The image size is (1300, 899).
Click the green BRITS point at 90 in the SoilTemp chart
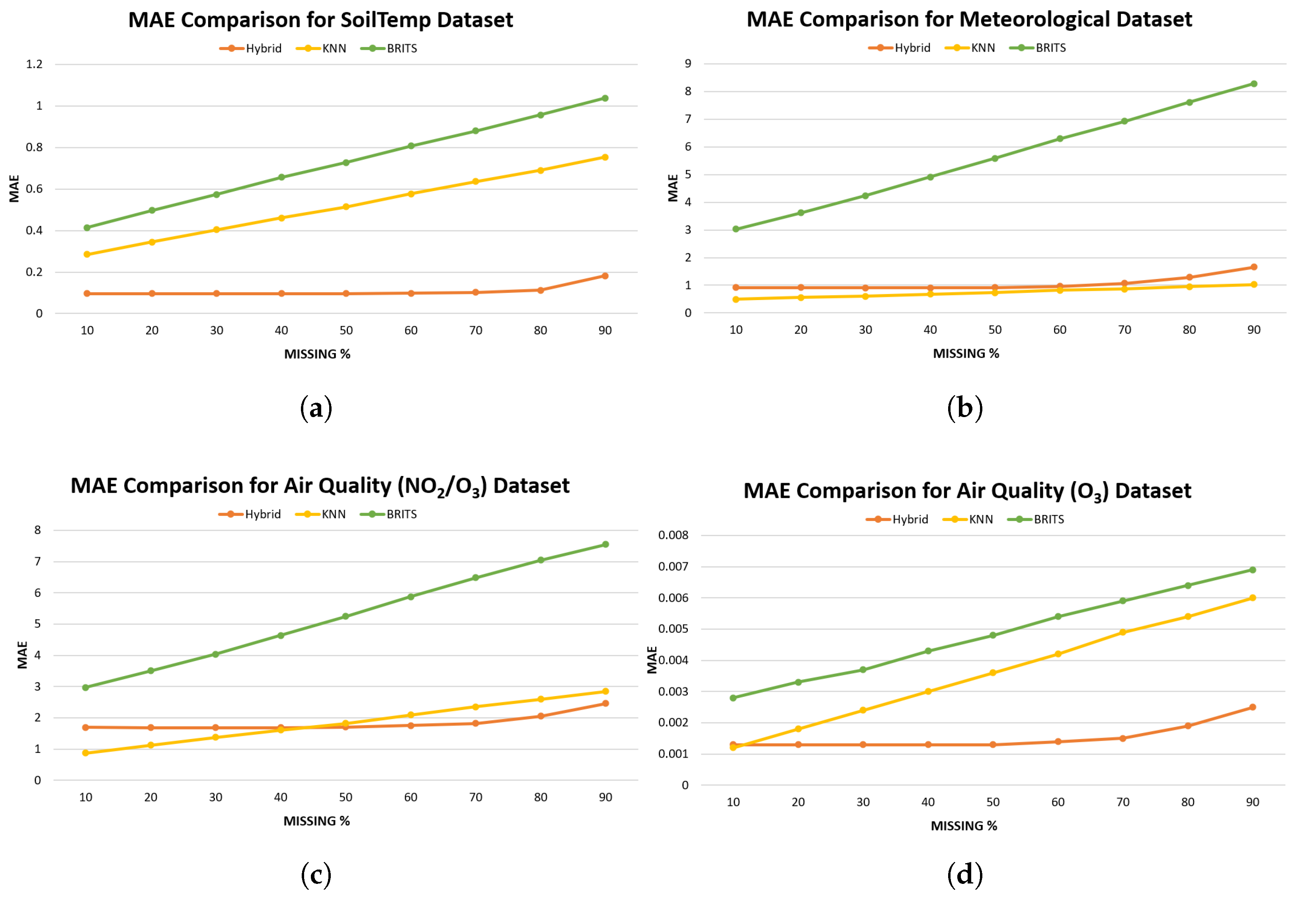(x=605, y=98)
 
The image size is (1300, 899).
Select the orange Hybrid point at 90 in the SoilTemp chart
(x=605, y=275)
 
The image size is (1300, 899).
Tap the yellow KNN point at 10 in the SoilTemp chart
(x=87, y=254)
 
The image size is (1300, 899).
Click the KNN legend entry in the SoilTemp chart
(x=321, y=49)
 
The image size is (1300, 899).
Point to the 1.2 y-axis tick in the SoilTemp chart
(x=34, y=64)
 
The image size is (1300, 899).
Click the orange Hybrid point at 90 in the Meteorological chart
(x=1254, y=267)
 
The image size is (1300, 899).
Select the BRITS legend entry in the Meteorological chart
(x=1038, y=48)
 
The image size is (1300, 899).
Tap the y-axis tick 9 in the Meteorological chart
(x=688, y=64)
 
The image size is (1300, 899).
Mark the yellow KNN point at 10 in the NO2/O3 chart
(x=86, y=753)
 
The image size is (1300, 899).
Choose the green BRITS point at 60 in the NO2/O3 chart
(x=411, y=597)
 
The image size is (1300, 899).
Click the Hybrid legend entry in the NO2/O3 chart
(x=250, y=514)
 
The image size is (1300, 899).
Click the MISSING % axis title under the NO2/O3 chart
(x=316, y=821)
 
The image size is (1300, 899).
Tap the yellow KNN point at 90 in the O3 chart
(x=1253, y=598)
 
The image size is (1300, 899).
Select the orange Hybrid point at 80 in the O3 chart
(x=1188, y=725)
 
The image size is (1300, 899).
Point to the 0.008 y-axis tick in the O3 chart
(x=673, y=535)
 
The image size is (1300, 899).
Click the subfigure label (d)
(x=965, y=874)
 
